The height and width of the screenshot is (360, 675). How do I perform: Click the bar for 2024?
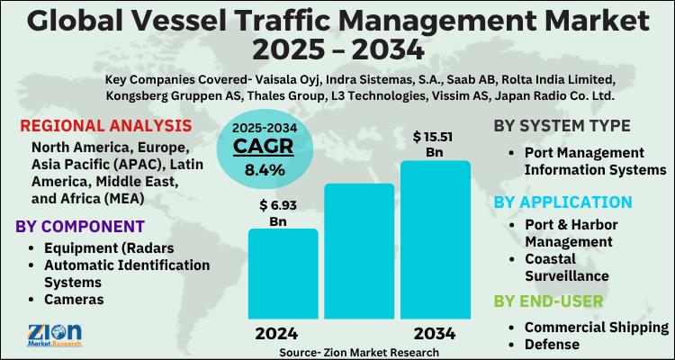point(283,274)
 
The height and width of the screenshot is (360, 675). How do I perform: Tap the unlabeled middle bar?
point(359,251)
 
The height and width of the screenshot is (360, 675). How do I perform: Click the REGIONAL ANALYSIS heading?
point(105,125)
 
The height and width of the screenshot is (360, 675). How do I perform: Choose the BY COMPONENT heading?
point(81,224)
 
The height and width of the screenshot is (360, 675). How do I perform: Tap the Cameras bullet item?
point(77,300)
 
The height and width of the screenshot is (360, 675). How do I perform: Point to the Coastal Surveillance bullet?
point(567,267)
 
